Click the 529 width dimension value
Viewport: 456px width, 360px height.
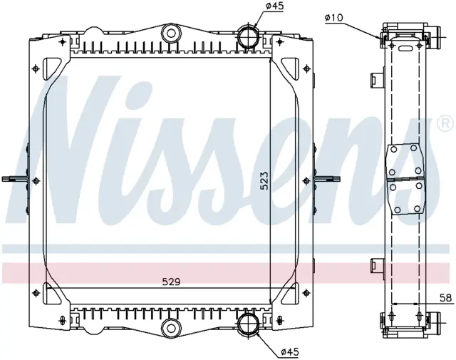[171, 282]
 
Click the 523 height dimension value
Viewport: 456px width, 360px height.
[264, 181]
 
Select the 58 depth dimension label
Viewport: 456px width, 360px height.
[445, 298]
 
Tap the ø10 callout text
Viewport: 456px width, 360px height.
[334, 18]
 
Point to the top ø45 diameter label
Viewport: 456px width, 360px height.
[274, 6]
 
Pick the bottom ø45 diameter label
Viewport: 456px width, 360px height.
[290, 352]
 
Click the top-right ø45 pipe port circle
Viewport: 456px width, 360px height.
[248, 35]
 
